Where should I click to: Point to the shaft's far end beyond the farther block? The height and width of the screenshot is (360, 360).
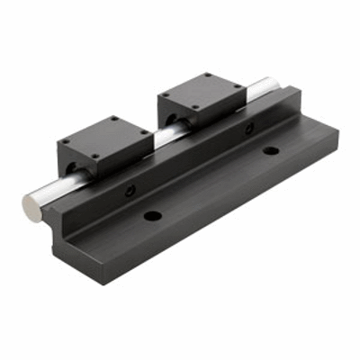point(261,89)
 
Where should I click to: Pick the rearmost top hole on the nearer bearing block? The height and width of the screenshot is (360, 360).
point(112,120)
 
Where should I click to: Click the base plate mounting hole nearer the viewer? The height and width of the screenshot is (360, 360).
point(152,217)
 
